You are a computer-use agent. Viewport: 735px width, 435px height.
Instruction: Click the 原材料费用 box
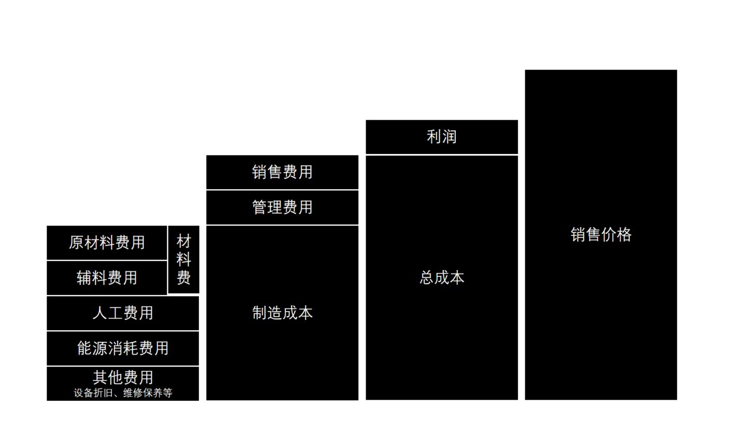pyautogui.click(x=107, y=243)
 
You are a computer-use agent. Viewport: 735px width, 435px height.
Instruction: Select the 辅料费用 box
pyautogui.click(x=107, y=278)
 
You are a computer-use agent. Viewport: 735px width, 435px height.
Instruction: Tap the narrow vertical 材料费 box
pyautogui.click(x=184, y=259)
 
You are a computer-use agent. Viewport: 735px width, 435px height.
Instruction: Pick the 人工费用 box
pyautogui.click(x=123, y=313)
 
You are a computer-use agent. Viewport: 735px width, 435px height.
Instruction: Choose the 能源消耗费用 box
pyautogui.click(x=123, y=348)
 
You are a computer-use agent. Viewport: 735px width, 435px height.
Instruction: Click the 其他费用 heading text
pyautogui.click(x=123, y=377)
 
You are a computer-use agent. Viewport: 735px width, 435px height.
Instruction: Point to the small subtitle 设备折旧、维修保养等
pyautogui.click(x=123, y=393)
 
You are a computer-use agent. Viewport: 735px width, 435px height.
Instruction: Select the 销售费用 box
pyautogui.click(x=282, y=172)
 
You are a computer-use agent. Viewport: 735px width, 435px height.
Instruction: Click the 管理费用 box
pyautogui.click(x=282, y=207)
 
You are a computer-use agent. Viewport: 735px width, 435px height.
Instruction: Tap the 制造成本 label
pyautogui.click(x=282, y=313)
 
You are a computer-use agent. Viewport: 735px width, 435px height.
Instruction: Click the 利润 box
pyautogui.click(x=441, y=137)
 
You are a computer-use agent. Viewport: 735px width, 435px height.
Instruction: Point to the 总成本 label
pyautogui.click(x=441, y=278)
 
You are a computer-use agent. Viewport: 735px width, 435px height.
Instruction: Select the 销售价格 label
pyautogui.click(x=601, y=235)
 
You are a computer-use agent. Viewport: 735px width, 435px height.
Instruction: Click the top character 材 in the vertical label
pyautogui.click(x=184, y=241)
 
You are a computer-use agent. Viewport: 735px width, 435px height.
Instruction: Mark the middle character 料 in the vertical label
pyautogui.click(x=184, y=259)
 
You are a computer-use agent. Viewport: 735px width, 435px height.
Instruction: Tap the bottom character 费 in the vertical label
pyautogui.click(x=184, y=277)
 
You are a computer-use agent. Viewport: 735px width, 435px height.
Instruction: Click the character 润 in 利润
pyautogui.click(x=449, y=137)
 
